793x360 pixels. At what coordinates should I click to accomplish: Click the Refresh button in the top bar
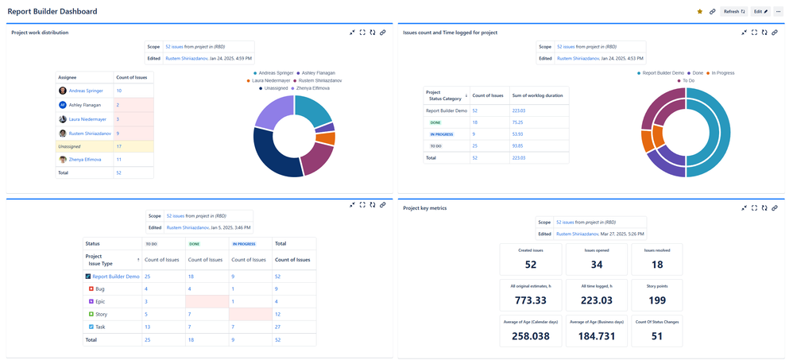click(733, 12)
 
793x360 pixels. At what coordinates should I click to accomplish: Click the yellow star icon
click(699, 12)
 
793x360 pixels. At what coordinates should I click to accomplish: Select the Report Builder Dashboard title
click(52, 12)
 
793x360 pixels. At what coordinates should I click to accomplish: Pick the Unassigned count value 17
click(119, 146)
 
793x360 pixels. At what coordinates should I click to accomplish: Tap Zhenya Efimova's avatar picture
click(63, 160)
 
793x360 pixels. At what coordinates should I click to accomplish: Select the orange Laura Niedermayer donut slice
click(326, 137)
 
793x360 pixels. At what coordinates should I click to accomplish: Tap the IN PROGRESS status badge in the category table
click(442, 134)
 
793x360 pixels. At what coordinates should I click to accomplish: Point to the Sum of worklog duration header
click(538, 95)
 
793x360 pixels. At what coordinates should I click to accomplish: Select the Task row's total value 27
click(278, 327)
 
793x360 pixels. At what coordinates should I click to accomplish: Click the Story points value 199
click(657, 300)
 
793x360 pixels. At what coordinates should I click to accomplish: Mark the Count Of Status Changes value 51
click(657, 335)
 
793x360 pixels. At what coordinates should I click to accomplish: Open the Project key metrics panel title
click(425, 208)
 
